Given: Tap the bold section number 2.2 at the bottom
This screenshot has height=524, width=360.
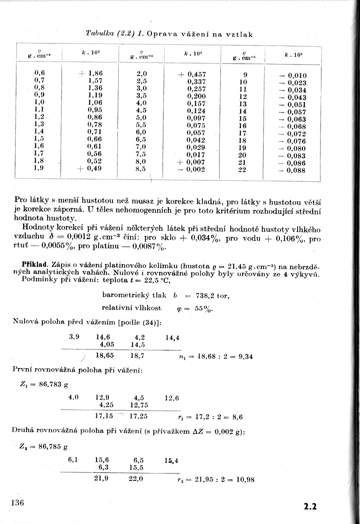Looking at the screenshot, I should click(310, 506).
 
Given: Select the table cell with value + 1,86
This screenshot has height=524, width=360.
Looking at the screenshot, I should click(90, 74).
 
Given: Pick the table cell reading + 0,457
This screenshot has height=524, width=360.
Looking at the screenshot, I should click(192, 74).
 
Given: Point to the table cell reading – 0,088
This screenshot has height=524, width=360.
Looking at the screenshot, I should click(293, 170).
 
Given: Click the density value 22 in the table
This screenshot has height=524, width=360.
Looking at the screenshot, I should click(242, 169).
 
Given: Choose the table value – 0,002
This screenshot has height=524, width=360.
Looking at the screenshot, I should click(191, 169).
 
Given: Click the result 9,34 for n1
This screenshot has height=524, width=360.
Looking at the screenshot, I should click(245, 356).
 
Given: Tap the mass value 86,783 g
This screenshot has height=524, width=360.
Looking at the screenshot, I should click(53, 385).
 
